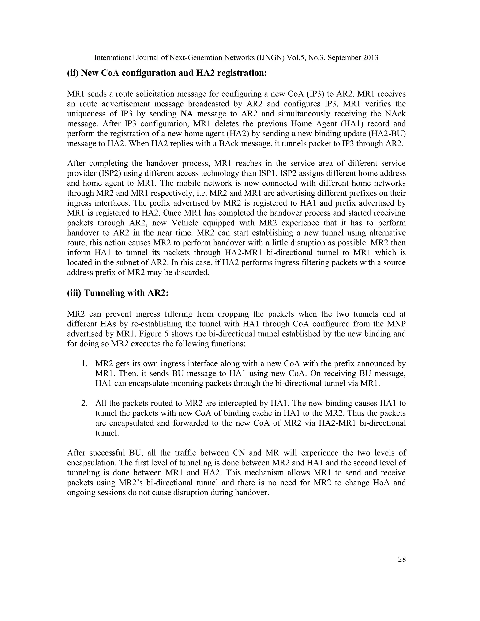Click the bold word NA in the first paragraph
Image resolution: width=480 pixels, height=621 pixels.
(x=187, y=114)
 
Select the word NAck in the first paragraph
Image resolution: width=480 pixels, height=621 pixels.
(x=395, y=114)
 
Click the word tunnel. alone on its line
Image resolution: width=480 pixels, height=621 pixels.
(x=107, y=433)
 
